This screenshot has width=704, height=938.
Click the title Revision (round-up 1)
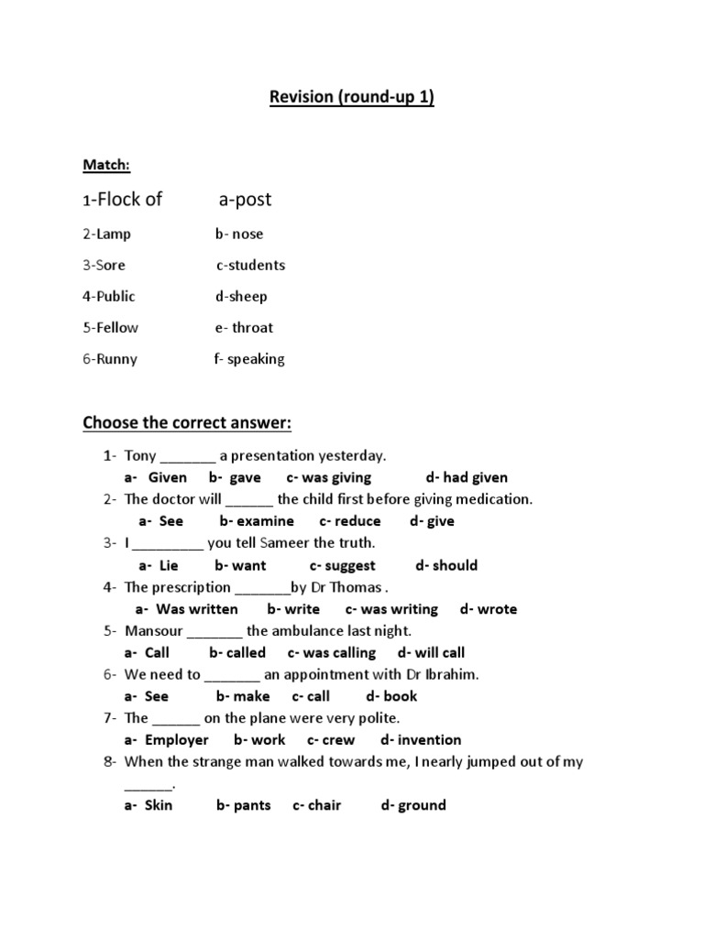351,98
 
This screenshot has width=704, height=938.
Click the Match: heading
106,165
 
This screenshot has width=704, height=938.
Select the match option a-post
245,200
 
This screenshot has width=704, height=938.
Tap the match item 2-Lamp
107,234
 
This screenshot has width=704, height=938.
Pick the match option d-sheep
241,296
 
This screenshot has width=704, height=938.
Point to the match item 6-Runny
110,359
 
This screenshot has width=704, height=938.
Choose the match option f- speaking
249,359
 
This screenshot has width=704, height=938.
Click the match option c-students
250,265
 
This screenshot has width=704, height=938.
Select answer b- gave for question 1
235,477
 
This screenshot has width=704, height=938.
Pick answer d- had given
467,477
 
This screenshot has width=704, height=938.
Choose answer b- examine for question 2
257,521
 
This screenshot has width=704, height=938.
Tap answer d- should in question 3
446,565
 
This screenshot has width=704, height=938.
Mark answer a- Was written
187,609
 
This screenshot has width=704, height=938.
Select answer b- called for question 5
237,653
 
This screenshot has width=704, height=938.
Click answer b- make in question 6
243,696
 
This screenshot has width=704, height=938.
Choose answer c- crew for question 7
331,740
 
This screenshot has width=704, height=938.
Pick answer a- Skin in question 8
148,805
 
